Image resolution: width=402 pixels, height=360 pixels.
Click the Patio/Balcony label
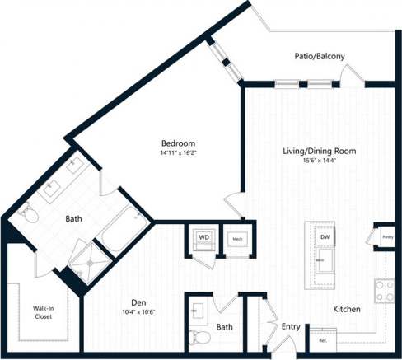pyautogui.click(x=319, y=56)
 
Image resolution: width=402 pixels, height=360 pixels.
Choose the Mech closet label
pyautogui.click(x=236, y=239)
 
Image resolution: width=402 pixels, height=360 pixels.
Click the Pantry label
pyautogui.click(x=386, y=237)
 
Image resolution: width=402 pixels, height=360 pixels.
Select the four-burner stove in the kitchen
pyautogui.click(x=385, y=289)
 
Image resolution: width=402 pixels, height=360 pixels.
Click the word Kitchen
pyautogui.click(x=346, y=310)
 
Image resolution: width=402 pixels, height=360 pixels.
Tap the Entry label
pyautogui.click(x=290, y=327)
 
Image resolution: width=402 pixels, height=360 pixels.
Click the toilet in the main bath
pyautogui.click(x=27, y=213)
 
